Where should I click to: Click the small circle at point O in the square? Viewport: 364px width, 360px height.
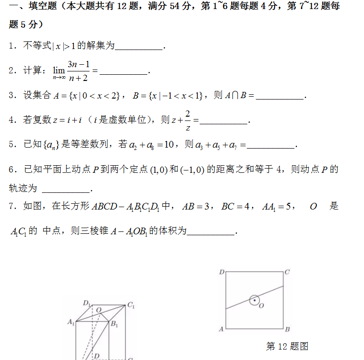tap(255, 300)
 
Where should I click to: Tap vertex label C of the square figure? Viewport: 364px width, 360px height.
tap(287, 272)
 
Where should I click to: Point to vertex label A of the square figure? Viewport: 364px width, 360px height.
tap(221, 329)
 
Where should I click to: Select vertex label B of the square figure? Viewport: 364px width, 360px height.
tap(287, 329)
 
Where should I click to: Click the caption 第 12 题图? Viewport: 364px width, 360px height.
tap(287, 346)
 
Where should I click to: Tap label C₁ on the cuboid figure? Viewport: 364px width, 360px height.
tap(131, 306)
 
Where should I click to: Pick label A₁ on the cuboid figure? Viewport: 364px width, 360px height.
tap(71, 322)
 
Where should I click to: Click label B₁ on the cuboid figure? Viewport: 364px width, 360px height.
tap(114, 324)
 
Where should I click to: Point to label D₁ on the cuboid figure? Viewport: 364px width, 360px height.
tap(87, 303)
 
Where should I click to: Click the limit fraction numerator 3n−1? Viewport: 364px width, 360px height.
tap(79, 64)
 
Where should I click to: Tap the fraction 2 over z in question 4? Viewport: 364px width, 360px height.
tap(188, 120)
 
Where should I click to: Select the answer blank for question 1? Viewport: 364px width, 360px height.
tap(139, 46)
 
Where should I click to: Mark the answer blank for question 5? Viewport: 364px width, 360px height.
tap(271, 145)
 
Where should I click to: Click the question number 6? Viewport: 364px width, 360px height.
tap(12, 170)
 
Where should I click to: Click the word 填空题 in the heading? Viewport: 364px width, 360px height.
tap(36, 7)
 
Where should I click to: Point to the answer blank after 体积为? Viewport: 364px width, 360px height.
tap(211, 232)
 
